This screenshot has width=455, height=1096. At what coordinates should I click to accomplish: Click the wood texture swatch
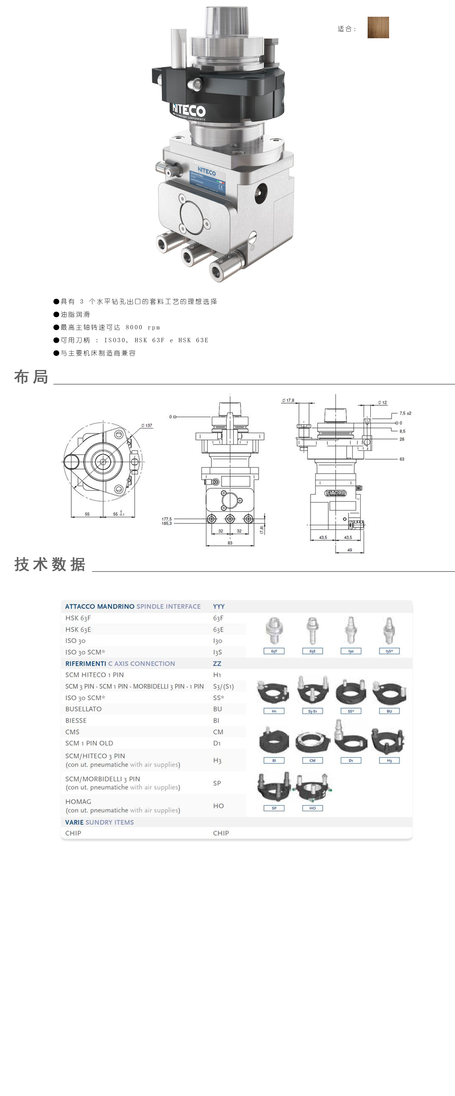click(x=378, y=28)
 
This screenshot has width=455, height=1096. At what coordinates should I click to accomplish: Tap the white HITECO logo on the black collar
click(x=188, y=111)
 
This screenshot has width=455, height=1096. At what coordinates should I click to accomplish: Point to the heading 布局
click(x=31, y=377)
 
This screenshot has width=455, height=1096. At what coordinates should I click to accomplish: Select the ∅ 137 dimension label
click(x=147, y=426)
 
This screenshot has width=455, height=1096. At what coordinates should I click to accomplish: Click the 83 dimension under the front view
click(x=230, y=543)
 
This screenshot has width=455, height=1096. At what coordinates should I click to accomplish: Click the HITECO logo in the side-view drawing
click(x=335, y=493)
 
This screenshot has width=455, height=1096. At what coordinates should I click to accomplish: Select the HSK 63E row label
click(x=78, y=629)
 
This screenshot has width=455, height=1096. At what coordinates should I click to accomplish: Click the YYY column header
click(x=218, y=606)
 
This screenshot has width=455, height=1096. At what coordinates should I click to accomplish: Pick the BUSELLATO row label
click(x=83, y=709)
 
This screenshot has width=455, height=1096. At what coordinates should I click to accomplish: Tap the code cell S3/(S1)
click(x=223, y=686)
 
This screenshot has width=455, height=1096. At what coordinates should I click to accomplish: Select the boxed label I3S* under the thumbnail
click(x=389, y=651)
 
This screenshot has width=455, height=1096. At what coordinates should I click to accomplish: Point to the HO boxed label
click(x=312, y=808)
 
